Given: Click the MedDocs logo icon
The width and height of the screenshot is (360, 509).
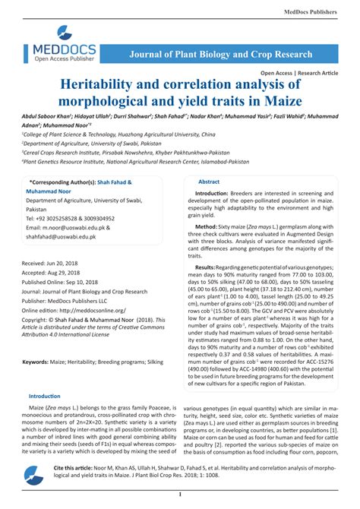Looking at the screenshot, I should click(x=65, y=35).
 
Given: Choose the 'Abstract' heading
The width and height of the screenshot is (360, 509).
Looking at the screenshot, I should click(x=209, y=182).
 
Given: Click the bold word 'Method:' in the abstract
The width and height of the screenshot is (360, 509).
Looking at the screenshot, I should click(x=206, y=227).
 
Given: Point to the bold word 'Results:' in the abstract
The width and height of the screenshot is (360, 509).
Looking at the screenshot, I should click(x=209, y=268).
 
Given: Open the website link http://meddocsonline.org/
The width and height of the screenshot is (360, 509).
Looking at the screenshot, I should click(x=99, y=310).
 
